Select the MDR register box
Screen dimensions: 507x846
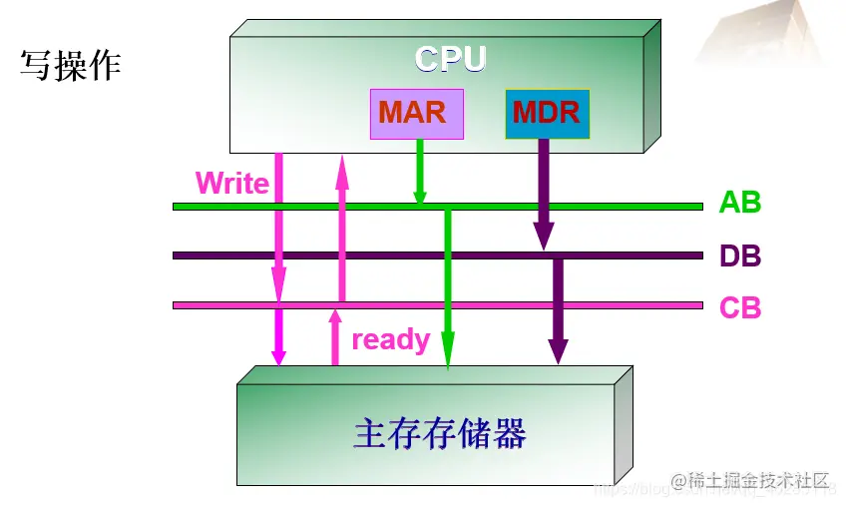click(x=547, y=113)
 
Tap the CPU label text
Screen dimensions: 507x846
click(x=450, y=59)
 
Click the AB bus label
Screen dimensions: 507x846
click(x=739, y=203)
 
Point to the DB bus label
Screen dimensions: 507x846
click(x=740, y=256)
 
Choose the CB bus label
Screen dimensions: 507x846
click(x=740, y=307)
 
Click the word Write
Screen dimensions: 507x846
click(x=231, y=184)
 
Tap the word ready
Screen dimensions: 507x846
click(x=390, y=340)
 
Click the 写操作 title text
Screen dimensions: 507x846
click(x=70, y=66)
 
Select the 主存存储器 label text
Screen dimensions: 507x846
click(x=439, y=434)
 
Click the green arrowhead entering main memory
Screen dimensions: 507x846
click(x=449, y=357)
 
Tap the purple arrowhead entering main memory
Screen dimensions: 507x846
click(x=558, y=351)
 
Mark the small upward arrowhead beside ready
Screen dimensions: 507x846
click(x=335, y=322)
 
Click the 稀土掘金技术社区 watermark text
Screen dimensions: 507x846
click(x=754, y=482)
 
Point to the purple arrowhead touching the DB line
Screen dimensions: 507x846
click(x=544, y=238)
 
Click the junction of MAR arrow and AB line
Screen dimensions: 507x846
click(x=420, y=206)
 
